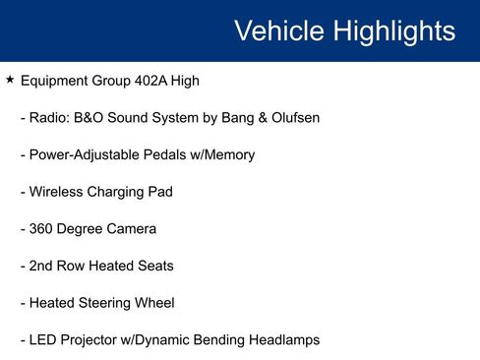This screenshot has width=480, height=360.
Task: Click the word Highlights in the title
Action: (394, 30)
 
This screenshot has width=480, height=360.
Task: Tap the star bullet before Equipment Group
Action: (10, 79)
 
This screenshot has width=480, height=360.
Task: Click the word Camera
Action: (133, 229)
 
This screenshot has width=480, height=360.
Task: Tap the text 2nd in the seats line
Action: (44, 266)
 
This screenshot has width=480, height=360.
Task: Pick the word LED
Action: (44, 340)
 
